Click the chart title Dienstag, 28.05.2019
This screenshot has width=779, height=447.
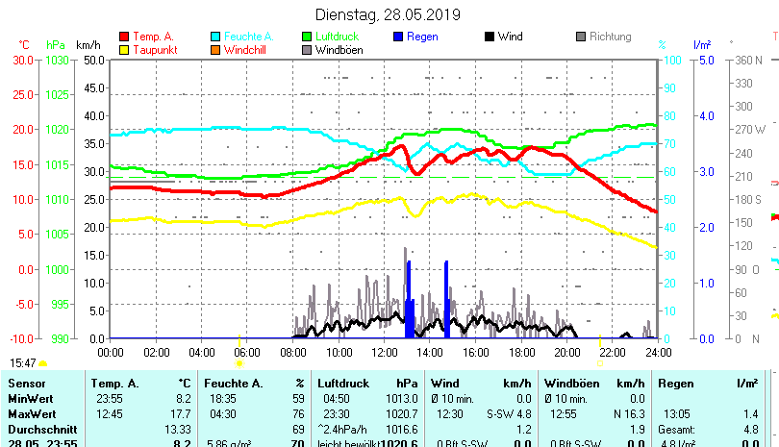coord(388,14)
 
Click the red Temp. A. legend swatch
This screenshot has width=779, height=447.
coord(124,37)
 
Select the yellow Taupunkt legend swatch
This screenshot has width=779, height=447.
coord(124,49)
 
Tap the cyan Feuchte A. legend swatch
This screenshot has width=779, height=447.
coord(215,37)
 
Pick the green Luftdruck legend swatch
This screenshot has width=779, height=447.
coord(307,37)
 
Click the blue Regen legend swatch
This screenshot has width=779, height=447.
coord(399,37)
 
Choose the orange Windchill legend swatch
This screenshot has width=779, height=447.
coord(215,49)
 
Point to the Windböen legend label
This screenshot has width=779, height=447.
coord(339,49)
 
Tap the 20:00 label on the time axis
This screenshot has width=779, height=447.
coord(566,352)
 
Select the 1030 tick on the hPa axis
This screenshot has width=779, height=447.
coord(58,60)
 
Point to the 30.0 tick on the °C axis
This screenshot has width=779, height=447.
coord(23,60)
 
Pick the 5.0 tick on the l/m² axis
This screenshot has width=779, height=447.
coord(704,60)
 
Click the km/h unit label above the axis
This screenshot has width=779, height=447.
coord(88,44)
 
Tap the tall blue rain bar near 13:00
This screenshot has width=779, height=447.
coord(409,298)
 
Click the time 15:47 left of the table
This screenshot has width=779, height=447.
coord(23,362)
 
